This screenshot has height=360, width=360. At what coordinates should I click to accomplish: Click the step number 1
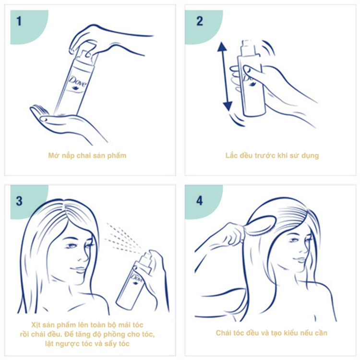19,21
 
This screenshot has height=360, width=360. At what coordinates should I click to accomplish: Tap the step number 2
200,21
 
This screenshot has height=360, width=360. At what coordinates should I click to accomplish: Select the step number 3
19,201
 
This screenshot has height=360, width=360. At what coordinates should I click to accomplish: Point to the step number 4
200,201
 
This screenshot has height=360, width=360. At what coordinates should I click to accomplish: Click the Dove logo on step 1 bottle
78,83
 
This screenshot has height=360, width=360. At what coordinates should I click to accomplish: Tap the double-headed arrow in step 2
225,76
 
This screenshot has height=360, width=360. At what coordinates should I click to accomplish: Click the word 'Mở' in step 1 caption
53,156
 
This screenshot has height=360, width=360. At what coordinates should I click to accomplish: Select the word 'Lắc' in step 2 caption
231,156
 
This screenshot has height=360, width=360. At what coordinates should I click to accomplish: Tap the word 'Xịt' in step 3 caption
37,325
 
